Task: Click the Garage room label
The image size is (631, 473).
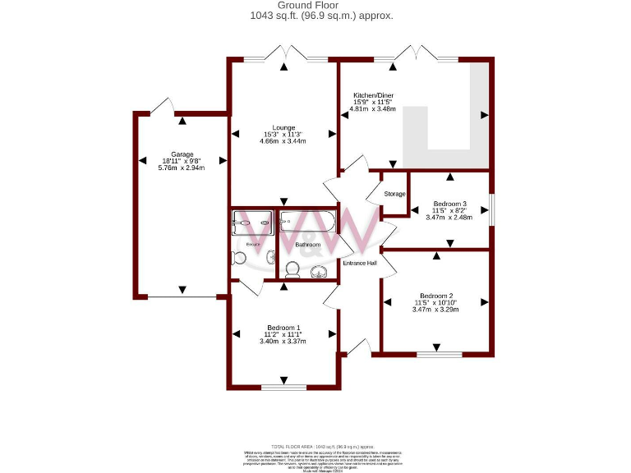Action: click(x=182, y=154)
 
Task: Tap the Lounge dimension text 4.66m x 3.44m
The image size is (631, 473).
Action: click(x=284, y=141)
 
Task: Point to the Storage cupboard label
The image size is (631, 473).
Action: click(x=395, y=194)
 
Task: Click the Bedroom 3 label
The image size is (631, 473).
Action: click(x=450, y=204)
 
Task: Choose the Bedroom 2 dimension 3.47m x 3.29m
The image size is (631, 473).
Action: click(x=436, y=310)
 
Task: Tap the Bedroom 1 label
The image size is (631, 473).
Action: click(x=284, y=327)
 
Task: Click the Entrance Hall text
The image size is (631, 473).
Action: click(x=360, y=264)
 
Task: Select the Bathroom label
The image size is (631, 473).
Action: click(x=308, y=245)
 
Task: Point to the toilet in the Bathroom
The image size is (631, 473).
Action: click(x=292, y=269)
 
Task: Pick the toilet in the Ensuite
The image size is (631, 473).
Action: click(x=240, y=259)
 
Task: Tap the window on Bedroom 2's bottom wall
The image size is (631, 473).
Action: click(x=439, y=355)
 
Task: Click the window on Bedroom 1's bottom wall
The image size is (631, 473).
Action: click(x=283, y=388)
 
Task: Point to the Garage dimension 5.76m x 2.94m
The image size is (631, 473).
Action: click(x=182, y=168)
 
